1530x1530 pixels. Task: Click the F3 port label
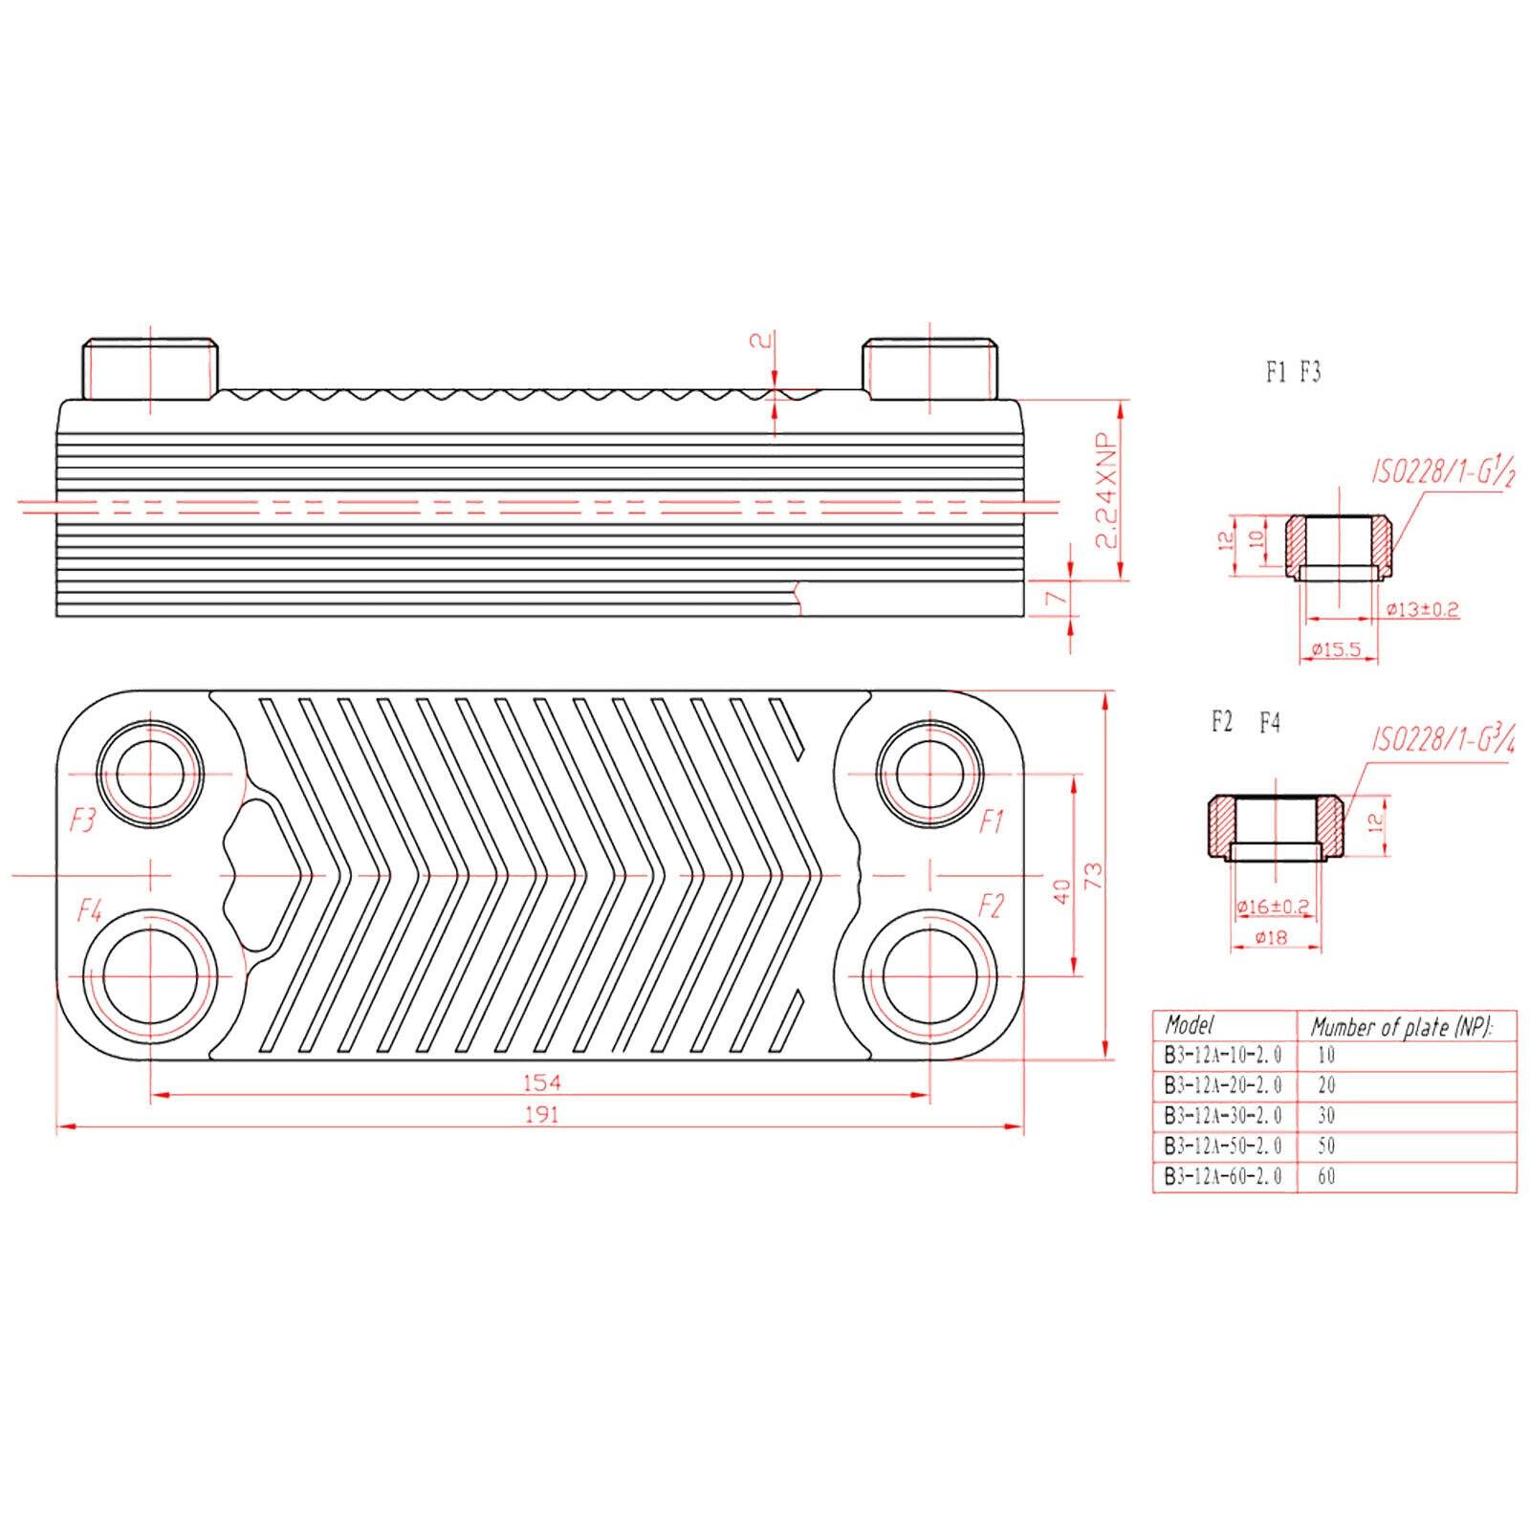(84, 820)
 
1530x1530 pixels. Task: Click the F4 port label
(90, 910)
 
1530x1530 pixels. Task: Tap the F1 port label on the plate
(992, 820)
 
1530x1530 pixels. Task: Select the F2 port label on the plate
(992, 905)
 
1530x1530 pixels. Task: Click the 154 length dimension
(541, 1082)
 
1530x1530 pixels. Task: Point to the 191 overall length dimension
(541, 1114)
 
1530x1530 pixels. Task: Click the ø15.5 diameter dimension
(1336, 650)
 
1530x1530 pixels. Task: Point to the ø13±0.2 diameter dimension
(1422, 609)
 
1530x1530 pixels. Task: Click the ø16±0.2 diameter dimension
(1272, 906)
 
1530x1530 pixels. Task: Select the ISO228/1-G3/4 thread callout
(1445, 738)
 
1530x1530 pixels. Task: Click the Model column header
(1189, 1025)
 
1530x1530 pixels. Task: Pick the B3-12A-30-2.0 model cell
(1223, 1115)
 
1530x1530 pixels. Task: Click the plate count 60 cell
(1326, 1176)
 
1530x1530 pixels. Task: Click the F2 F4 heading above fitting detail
(1245, 723)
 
